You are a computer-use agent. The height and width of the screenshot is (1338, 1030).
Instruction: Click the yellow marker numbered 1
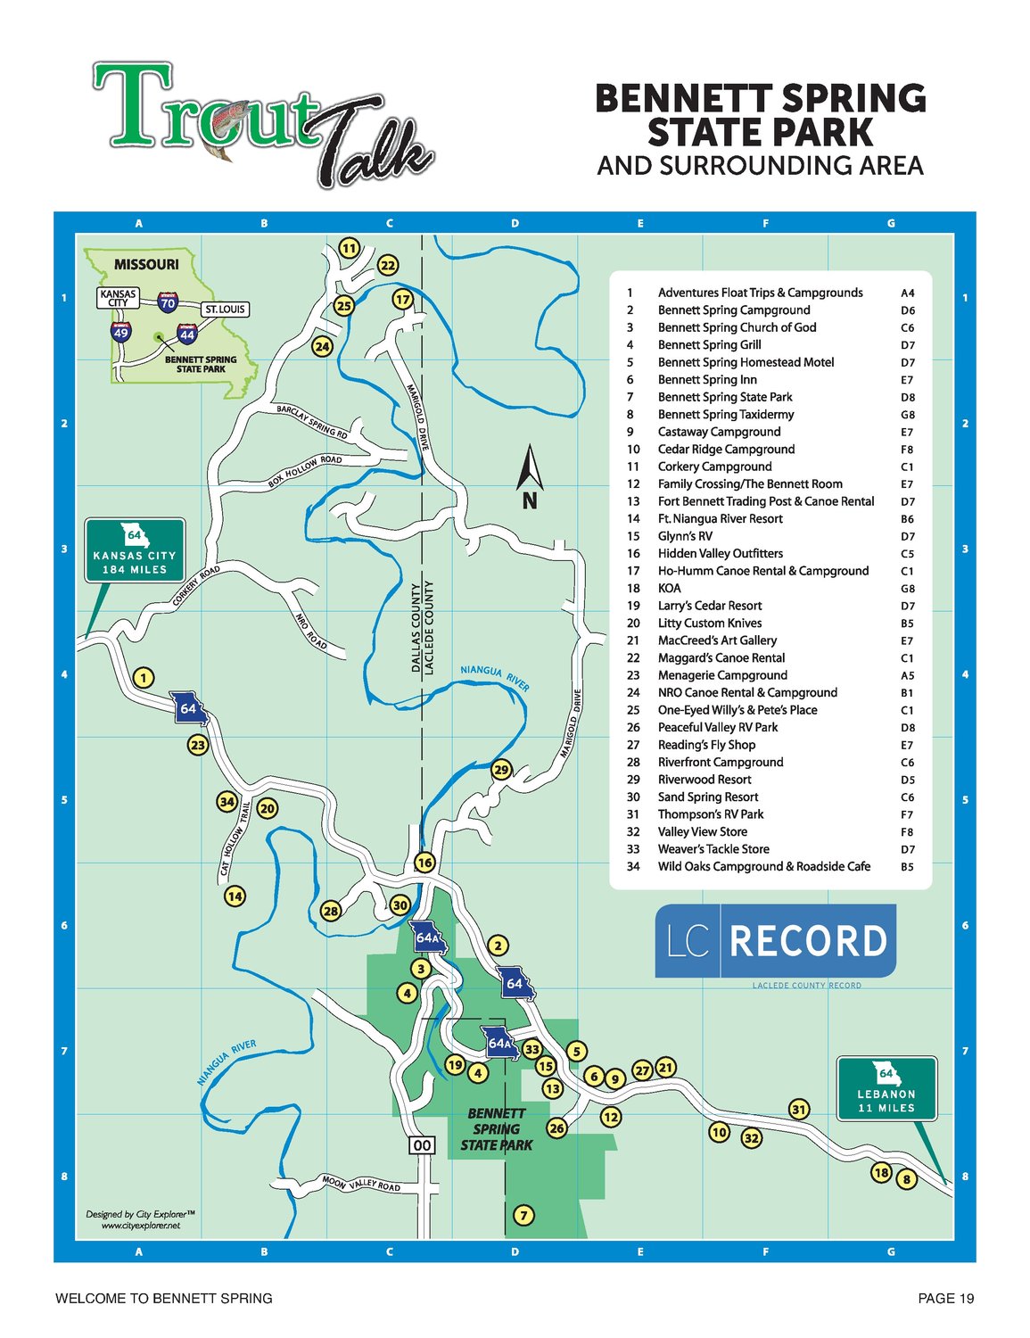pyautogui.click(x=144, y=678)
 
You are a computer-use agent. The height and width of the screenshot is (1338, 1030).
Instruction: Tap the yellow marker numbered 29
pyautogui.click(x=501, y=770)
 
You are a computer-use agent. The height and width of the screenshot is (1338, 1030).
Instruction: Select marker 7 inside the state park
pyautogui.click(x=523, y=1215)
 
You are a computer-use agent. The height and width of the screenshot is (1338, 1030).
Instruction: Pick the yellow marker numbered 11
pyautogui.click(x=349, y=248)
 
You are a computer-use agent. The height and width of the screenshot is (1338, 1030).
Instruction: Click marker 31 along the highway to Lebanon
pyautogui.click(x=799, y=1110)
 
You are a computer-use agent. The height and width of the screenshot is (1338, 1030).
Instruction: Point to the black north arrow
pyautogui.click(x=530, y=476)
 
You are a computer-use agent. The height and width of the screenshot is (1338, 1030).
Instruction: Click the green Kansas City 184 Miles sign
pyautogui.click(x=135, y=550)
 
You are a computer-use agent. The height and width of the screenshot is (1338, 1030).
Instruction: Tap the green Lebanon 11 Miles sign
pyautogui.click(x=886, y=1088)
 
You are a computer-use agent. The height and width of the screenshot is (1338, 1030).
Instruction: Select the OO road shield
pyautogui.click(x=423, y=1145)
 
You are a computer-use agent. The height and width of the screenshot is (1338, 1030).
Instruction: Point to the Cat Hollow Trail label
pyautogui.click(x=234, y=842)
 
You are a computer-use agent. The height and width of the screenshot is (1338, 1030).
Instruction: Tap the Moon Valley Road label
pyautogui.click(x=361, y=1184)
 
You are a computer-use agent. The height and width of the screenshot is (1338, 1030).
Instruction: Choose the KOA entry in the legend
pyautogui.click(x=669, y=589)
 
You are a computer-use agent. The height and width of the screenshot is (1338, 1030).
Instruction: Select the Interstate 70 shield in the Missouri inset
pyautogui.click(x=168, y=301)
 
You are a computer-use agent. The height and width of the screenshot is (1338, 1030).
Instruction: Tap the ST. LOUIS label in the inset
pyautogui.click(x=225, y=310)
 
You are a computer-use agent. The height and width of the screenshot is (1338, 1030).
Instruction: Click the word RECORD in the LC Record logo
pyautogui.click(x=808, y=941)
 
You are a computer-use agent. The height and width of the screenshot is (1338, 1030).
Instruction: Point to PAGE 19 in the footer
pyautogui.click(x=945, y=1299)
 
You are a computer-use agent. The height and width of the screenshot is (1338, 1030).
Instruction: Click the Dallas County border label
pyautogui.click(x=416, y=628)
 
